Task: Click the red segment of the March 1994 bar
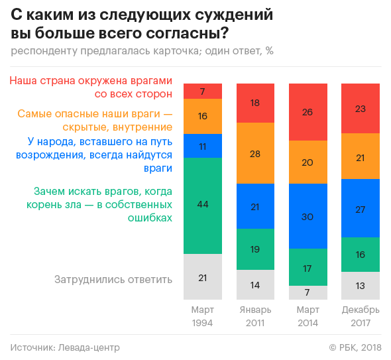[x=203, y=91]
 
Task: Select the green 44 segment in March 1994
[x=203, y=206]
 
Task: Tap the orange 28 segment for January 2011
[x=255, y=153]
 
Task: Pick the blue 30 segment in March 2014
[x=307, y=216]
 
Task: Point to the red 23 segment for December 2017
[x=360, y=108]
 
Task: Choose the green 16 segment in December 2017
[x=360, y=255]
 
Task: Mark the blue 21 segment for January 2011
[x=255, y=207]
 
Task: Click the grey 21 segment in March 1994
[x=203, y=278]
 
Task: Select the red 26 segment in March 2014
[x=307, y=112]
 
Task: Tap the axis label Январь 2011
[x=255, y=316]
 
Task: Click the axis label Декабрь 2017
[x=360, y=316]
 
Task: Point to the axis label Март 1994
[x=203, y=316]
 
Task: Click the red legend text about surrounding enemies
[x=91, y=87]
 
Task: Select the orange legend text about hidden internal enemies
[x=95, y=120]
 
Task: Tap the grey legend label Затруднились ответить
[x=113, y=279]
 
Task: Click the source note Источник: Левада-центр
[x=65, y=347]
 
